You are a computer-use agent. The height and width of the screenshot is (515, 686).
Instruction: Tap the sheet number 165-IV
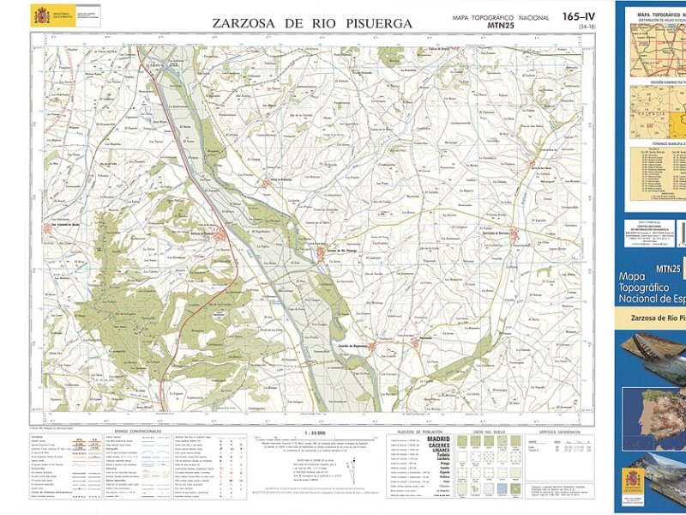pyautogui.click(x=579, y=16)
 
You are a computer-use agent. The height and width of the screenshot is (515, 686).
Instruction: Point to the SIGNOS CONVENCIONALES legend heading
pyautogui.click(x=139, y=432)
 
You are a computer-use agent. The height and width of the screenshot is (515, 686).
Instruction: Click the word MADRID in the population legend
pyautogui.click(x=431, y=439)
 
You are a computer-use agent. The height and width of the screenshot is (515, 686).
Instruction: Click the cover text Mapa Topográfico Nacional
pyautogui.click(x=652, y=288)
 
